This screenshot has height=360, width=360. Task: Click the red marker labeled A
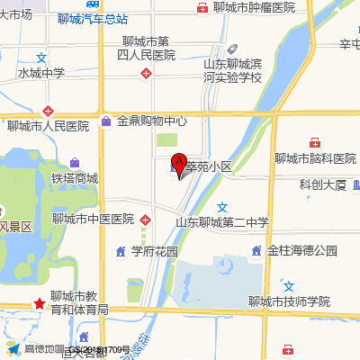click(x=178, y=164)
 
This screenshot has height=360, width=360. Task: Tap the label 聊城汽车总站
click(x=92, y=18)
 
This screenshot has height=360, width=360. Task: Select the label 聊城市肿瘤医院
click(x=255, y=8)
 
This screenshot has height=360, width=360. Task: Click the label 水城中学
click(x=41, y=73)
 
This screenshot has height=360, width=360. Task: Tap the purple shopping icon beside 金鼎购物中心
click(x=106, y=121)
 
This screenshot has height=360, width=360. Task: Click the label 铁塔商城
click(x=75, y=178)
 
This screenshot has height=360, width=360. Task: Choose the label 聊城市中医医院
click(x=93, y=219)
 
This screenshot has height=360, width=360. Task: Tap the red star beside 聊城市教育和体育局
click(x=40, y=303)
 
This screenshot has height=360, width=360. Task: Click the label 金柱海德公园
click(x=302, y=250)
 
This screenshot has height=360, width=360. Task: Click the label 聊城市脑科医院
click(x=315, y=158)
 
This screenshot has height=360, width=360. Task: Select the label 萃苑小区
click(x=209, y=167)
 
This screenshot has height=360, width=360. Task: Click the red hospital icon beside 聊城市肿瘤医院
click(x=202, y=8)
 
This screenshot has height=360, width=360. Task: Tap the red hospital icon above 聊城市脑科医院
click(x=315, y=142)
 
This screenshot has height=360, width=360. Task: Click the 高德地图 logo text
click(x=42, y=348)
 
